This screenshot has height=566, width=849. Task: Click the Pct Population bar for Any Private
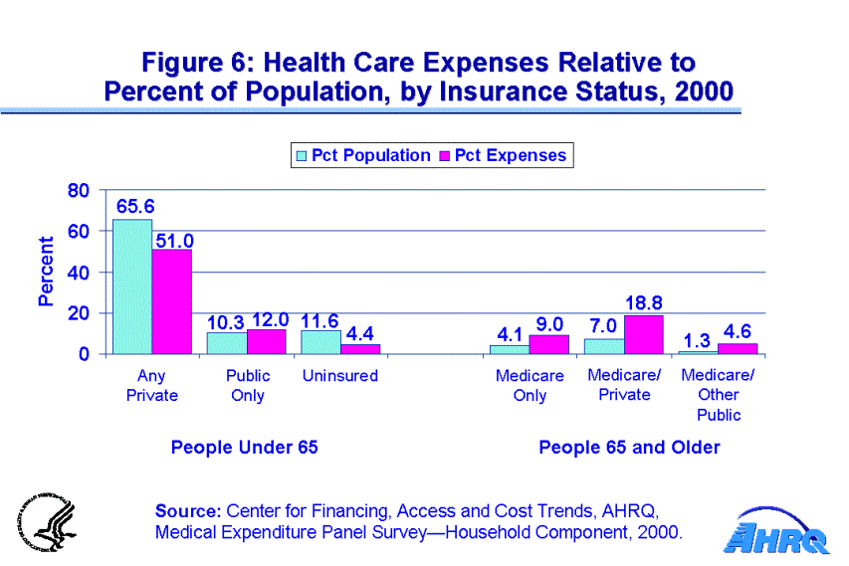132,286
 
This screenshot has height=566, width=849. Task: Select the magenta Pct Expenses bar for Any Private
171,301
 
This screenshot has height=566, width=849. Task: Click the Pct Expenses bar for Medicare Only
548,344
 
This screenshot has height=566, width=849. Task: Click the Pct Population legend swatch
301,156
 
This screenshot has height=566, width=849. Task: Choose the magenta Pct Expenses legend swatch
444,156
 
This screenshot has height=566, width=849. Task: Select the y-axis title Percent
46,272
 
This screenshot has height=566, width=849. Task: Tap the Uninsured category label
339,376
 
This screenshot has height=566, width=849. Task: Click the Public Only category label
247,385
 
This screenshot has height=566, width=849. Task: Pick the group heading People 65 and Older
628,448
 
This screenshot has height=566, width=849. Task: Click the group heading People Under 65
244,448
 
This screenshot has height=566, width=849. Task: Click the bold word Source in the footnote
187,511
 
